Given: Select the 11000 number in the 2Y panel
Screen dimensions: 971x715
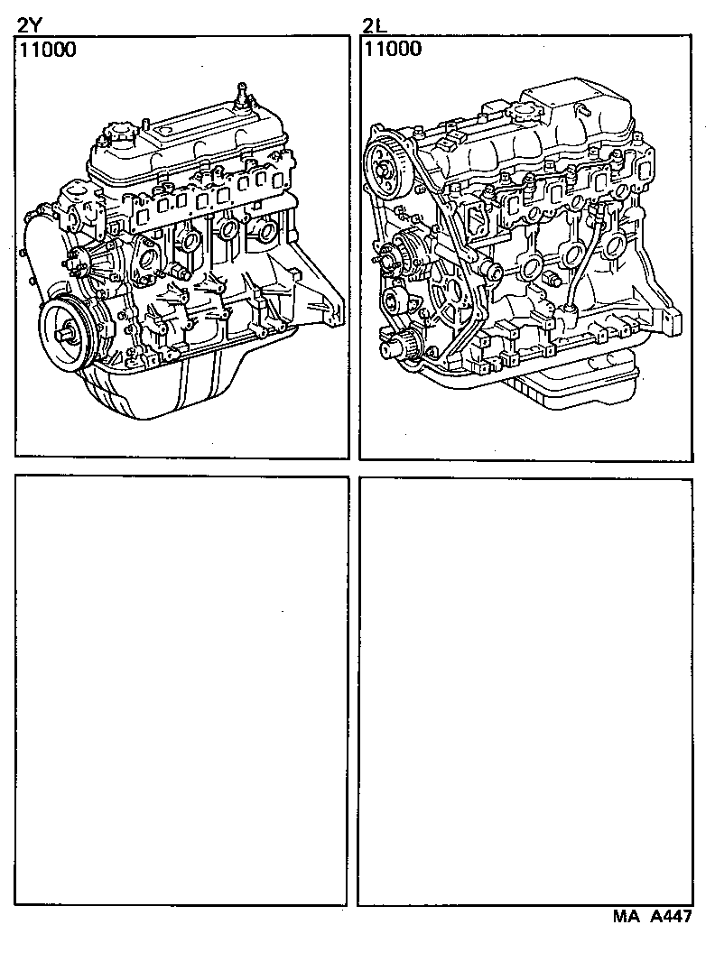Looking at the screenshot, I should coord(46,51).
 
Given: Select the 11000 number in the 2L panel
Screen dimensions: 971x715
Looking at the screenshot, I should coord(392,50).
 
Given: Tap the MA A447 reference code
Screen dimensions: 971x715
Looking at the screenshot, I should coord(653,918).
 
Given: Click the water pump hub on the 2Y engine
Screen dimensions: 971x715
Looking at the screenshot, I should coord(90,262).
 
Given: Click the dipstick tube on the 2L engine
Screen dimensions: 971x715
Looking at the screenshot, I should coord(583,262).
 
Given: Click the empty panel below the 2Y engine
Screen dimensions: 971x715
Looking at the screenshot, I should coord(181,690).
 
